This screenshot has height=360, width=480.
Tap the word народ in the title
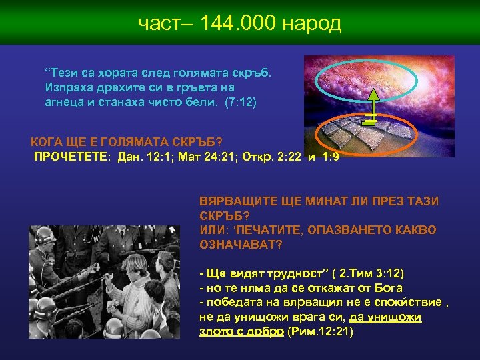(x=312, y=24)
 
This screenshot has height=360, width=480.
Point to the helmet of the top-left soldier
(x=45, y=236)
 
